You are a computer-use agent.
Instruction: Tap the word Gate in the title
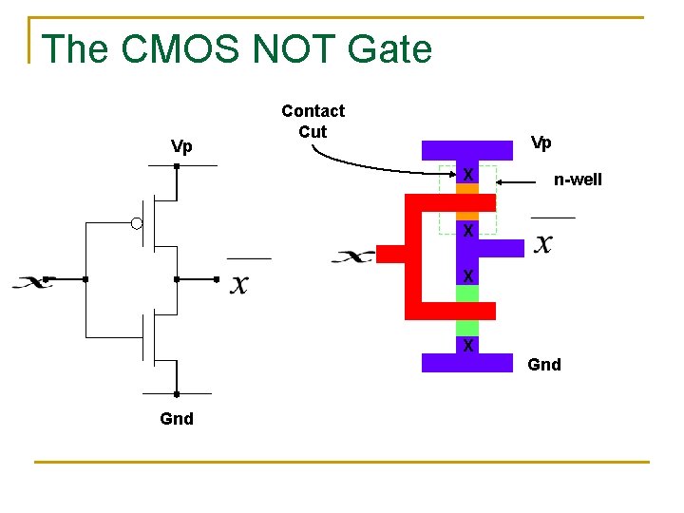[x=390, y=48]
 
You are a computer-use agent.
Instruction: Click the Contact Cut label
[x=313, y=122]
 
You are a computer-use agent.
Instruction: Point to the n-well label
[x=578, y=180]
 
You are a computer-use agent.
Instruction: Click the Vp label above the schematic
[x=181, y=146]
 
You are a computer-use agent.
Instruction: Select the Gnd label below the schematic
[x=177, y=418]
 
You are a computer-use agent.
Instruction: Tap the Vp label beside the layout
[x=541, y=142]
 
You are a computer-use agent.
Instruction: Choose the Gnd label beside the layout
[x=543, y=365]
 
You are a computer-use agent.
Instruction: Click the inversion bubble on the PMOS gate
[x=137, y=223]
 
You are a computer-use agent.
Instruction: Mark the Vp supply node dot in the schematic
[x=177, y=165]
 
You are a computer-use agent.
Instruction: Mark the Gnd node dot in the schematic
[x=177, y=393]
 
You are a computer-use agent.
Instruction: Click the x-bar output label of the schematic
[x=241, y=280]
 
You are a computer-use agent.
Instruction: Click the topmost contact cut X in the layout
[x=467, y=174]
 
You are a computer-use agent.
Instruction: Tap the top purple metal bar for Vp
[x=466, y=149]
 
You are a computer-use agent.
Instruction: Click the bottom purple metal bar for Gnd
[x=466, y=362]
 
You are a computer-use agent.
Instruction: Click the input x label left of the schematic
[x=31, y=281]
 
